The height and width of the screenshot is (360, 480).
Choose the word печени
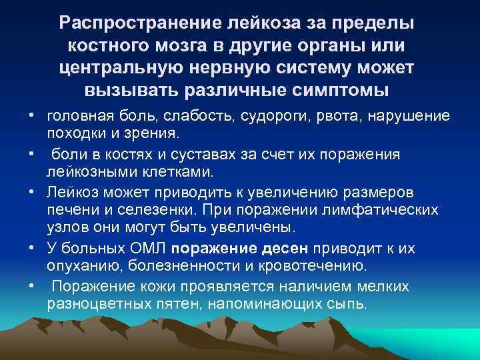69,211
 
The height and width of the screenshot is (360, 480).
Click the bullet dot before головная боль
31,116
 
